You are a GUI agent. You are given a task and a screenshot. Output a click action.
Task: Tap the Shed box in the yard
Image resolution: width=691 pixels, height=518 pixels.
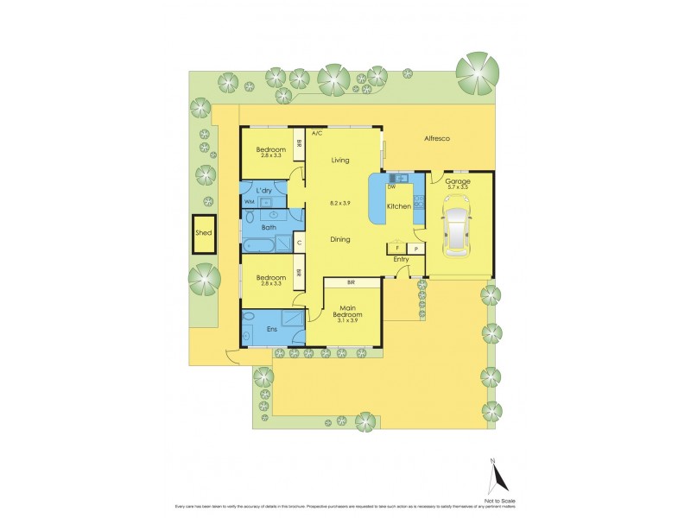pos(204,233)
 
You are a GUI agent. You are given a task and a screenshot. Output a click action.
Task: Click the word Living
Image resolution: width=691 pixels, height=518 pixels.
pos(339,160)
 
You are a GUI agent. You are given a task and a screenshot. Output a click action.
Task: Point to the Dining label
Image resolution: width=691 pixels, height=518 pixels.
pos(339,239)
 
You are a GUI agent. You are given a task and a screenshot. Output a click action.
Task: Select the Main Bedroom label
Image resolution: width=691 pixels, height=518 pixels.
pos(350,313)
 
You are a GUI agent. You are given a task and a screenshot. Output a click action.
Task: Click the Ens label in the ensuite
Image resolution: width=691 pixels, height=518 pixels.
pos(270,328)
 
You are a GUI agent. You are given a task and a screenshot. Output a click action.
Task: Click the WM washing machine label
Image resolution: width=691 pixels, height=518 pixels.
pos(249,202)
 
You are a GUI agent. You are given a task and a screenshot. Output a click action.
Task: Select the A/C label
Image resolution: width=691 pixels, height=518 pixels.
pos(316,134)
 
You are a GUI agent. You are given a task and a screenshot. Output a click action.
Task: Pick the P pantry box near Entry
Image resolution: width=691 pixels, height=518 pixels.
pos(415,249)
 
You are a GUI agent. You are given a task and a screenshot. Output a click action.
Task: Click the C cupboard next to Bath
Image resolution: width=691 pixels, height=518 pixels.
pos(298,243)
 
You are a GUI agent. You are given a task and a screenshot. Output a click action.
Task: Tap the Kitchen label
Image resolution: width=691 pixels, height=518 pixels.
pos(398,207)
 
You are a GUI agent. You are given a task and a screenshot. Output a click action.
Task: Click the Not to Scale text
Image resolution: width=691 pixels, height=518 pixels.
pos(498,499)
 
